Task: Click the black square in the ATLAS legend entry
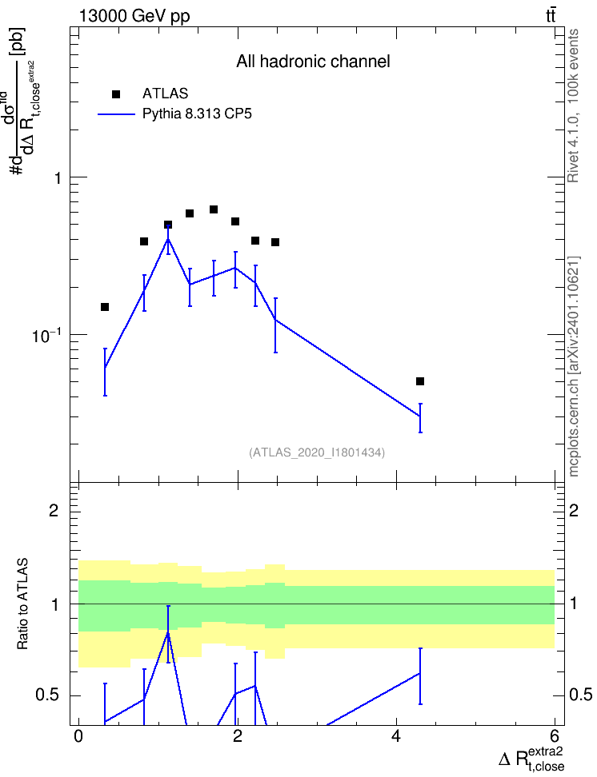[116, 94]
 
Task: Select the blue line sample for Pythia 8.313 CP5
[116, 114]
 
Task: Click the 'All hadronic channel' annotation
[313, 62]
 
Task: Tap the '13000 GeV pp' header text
[134, 16]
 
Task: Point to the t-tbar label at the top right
[551, 15]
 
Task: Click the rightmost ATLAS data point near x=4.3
[420, 381]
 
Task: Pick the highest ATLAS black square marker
[214, 209]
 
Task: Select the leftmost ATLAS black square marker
[105, 307]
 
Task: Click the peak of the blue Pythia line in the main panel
[168, 239]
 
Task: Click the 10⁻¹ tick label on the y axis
[46, 335]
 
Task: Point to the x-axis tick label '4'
[396, 735]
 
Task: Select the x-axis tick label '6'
[555, 735]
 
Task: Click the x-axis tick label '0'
[78, 735]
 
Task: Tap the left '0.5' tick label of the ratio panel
[46, 695]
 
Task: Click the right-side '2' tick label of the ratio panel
[574, 510]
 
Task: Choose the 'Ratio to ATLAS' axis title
[22, 604]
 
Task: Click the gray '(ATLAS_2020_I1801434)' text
[317, 452]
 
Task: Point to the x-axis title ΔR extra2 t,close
[531, 757]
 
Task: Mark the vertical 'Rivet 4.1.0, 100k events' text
[573, 106]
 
